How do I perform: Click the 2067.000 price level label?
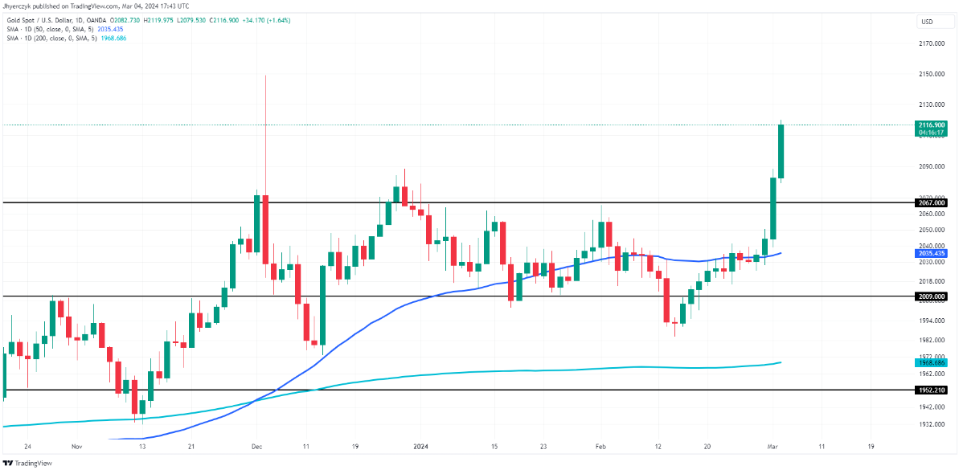(x=931, y=202)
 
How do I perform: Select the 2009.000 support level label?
(x=931, y=296)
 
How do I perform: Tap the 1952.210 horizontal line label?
(x=931, y=390)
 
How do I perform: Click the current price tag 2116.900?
(x=931, y=125)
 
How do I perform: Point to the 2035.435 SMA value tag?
(x=931, y=253)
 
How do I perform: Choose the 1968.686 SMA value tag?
(x=931, y=362)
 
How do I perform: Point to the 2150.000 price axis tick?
(x=931, y=74)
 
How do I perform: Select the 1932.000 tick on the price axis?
(x=931, y=424)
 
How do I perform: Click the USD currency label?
(x=926, y=22)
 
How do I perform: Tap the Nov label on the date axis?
(x=77, y=446)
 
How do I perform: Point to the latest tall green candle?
(x=781, y=151)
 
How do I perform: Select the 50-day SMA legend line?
(x=61, y=28)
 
